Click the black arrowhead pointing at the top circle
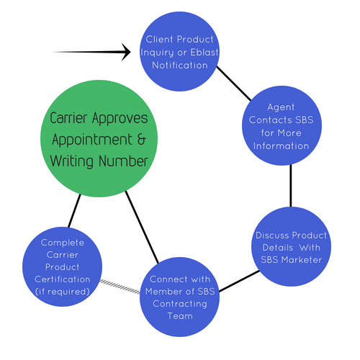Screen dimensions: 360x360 point(126,52)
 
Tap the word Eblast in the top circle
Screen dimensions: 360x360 point(204,53)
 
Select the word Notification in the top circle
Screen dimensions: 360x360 point(180,66)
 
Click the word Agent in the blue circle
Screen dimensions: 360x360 point(281,107)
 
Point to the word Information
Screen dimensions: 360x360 point(281,146)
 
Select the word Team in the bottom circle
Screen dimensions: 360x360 point(180,316)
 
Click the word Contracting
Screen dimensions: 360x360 point(180,304)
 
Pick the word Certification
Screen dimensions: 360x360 point(63,279)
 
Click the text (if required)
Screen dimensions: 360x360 point(63,292)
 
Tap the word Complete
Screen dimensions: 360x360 point(63,243)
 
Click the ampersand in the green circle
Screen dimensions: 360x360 point(142,139)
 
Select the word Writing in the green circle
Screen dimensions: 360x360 point(72,161)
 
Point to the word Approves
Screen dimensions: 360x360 point(120,118)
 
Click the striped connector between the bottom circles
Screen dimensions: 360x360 point(120,287)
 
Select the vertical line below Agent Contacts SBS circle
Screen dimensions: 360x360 point(291,186)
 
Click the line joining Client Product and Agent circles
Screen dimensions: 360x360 point(233,84)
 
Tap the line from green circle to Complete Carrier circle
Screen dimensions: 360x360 point(74,210)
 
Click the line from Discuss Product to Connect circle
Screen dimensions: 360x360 point(239,281)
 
